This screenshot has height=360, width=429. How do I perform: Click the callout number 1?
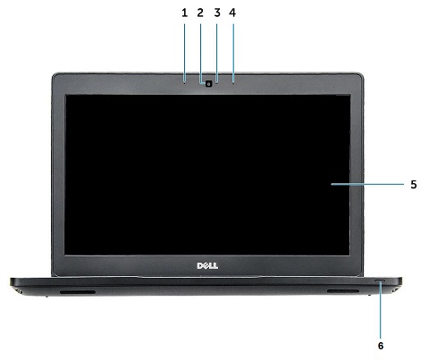coord(185,13)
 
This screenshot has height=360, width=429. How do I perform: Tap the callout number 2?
coord(200,13)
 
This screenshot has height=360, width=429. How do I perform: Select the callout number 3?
coord(217,13)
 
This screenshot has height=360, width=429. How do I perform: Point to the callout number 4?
coord(232,13)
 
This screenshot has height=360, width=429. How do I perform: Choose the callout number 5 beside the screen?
coord(414,185)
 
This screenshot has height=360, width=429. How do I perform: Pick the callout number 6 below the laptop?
coord(381,346)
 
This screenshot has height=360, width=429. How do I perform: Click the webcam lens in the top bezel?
coord(209,84)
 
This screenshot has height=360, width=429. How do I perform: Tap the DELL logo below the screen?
coord(207,265)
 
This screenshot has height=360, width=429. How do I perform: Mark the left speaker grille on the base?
coord(78,292)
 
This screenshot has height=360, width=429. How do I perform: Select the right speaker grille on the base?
coord(343,291)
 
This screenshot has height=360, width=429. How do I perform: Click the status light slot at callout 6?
coord(380,280)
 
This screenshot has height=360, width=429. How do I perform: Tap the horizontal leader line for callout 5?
coord(367,185)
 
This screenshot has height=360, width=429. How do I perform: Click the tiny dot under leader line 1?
coord(185,83)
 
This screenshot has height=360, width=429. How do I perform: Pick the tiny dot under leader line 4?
coord(233,83)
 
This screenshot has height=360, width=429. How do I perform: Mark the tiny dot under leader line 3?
coord(217,83)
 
